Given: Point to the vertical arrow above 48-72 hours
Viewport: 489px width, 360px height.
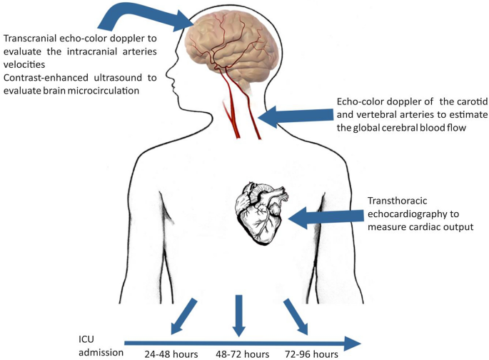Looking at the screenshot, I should tap(240, 315).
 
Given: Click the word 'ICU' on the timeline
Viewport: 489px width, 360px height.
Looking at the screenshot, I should tap(88, 337).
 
